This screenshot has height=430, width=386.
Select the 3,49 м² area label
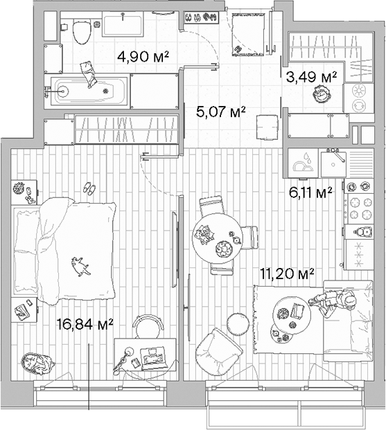[311, 77]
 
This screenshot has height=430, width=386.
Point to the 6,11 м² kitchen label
[310, 191]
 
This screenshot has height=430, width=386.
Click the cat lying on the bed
[80, 265]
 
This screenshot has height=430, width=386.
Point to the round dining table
[218, 236]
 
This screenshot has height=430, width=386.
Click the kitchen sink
[333, 164]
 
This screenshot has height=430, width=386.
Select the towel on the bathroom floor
[87, 72]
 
